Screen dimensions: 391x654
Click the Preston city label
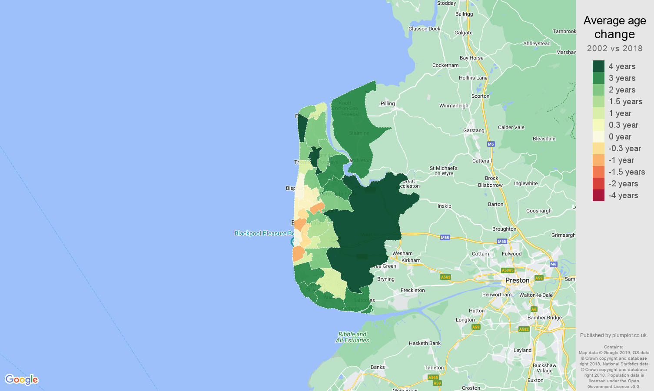pos(517,281)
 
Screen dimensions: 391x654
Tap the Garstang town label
pos(473,130)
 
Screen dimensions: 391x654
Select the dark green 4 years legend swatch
pos(598,66)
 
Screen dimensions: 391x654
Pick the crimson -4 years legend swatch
pos(598,195)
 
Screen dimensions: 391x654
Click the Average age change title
pos(614,27)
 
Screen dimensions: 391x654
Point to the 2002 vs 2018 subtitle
pos(614,48)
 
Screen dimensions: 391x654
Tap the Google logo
pos(22,380)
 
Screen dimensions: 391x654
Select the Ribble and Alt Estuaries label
pos(352,337)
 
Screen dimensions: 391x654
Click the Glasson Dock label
pos(424,29)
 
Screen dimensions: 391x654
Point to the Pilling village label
pos(388,103)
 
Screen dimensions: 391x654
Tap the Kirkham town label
pos(411,261)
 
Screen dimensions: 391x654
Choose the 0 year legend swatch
pos(598,137)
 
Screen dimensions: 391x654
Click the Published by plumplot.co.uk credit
pos(614,335)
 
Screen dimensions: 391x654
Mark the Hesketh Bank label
pos(425,343)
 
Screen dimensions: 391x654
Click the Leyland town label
pos(522,350)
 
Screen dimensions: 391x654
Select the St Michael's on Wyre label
pos(443,171)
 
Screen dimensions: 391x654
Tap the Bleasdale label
pos(544,139)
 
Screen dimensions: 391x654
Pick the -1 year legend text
pos(621,160)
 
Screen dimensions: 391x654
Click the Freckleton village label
pos(412,290)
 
